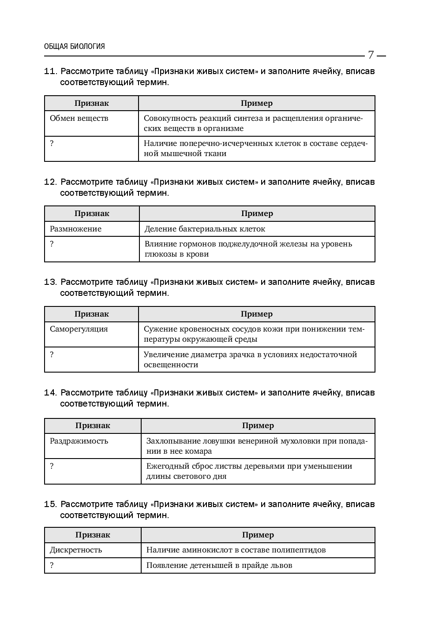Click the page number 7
(371, 55)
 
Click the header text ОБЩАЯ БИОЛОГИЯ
(75, 46)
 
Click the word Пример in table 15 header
(258, 535)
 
